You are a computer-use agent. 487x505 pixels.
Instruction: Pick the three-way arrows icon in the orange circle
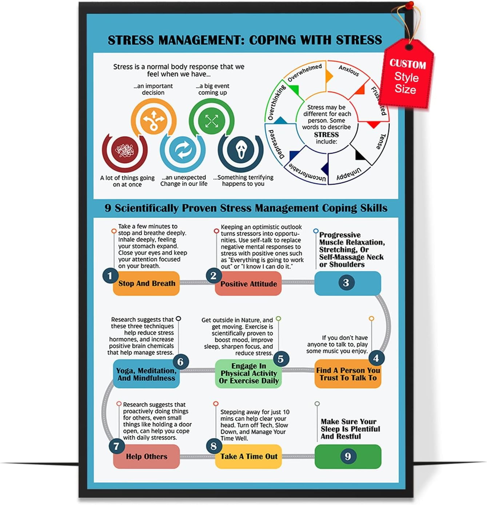tap(153, 119)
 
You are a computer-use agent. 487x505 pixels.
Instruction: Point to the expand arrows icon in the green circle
tap(212, 121)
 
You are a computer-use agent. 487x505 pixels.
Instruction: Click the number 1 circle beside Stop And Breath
tap(110, 276)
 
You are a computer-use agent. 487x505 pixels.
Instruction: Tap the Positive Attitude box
tap(248, 284)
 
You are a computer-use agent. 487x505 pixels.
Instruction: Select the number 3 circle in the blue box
tap(346, 283)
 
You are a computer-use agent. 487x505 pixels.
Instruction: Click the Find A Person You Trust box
tap(348, 374)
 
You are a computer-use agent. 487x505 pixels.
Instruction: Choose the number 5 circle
tap(280, 359)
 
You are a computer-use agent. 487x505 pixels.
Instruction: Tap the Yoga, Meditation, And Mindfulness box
tap(146, 374)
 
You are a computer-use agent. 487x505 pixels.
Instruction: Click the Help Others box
tap(147, 457)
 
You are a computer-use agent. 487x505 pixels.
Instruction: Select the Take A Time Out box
tap(249, 457)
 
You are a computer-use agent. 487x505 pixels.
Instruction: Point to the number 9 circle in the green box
tap(348, 456)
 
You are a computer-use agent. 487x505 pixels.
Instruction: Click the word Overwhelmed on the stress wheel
tap(305, 72)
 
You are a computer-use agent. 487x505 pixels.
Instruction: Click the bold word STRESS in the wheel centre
tap(326, 135)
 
